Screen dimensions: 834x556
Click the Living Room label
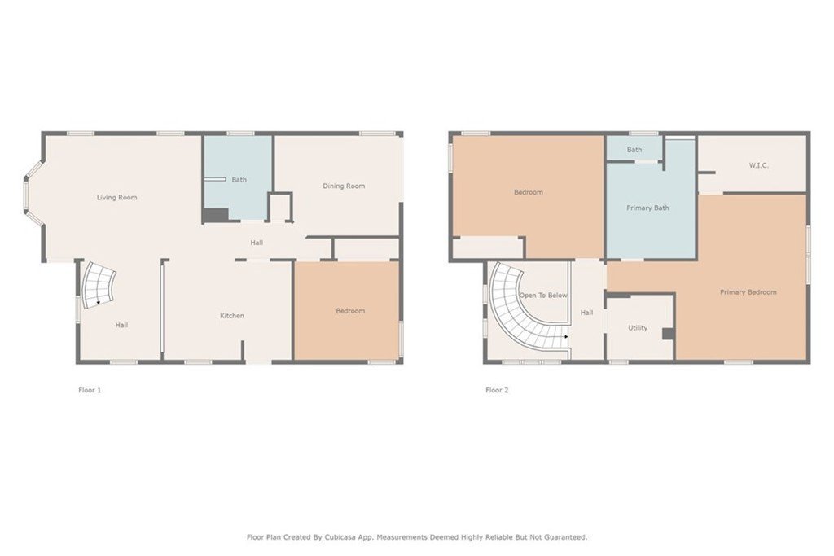click(x=117, y=197)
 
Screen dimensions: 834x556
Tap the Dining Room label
click(x=344, y=186)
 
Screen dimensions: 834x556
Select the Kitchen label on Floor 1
click(x=232, y=315)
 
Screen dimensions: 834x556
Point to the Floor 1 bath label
click(x=239, y=179)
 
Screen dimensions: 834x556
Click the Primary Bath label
click(x=647, y=208)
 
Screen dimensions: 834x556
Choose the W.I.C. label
click(x=758, y=165)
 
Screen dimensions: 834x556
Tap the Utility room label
click(x=638, y=327)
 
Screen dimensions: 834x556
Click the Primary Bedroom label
click(x=748, y=291)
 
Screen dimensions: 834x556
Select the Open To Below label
click(x=543, y=295)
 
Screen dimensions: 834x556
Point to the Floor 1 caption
click(x=90, y=390)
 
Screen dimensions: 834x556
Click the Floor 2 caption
click(x=497, y=390)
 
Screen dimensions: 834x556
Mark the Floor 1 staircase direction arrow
click(x=98, y=303)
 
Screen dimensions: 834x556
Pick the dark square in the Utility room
click(x=668, y=334)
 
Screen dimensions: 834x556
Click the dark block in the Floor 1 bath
click(x=215, y=215)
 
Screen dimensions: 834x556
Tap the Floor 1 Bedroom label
click(x=350, y=310)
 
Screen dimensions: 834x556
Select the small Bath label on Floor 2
click(x=634, y=149)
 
